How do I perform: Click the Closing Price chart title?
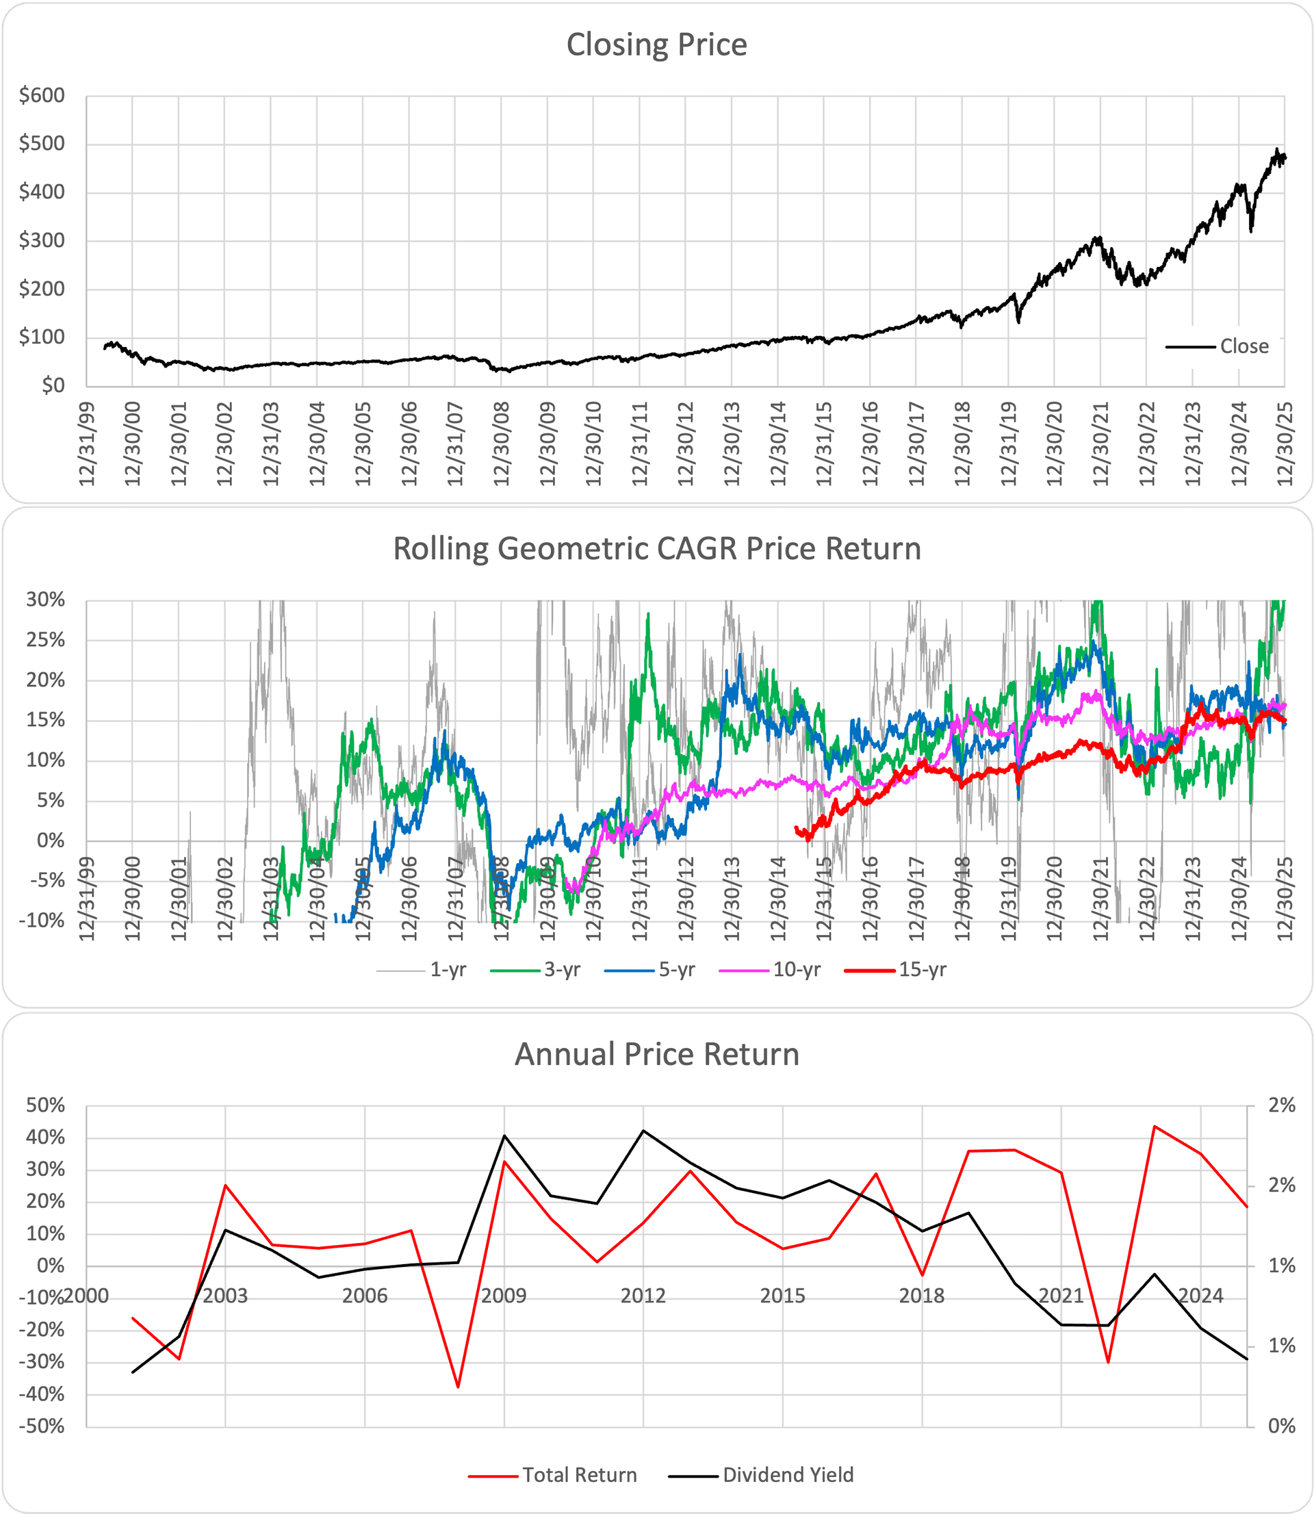(x=656, y=44)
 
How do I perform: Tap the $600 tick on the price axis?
(x=42, y=95)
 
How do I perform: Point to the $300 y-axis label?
(x=42, y=240)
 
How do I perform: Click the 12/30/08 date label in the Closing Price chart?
(x=502, y=443)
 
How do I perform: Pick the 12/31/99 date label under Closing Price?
(x=88, y=443)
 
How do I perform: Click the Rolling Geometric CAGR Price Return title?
(x=656, y=548)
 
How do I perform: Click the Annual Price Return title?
(x=656, y=1054)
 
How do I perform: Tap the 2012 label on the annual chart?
(x=643, y=1296)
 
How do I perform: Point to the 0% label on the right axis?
(x=1282, y=1426)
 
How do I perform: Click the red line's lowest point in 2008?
(x=459, y=1387)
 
